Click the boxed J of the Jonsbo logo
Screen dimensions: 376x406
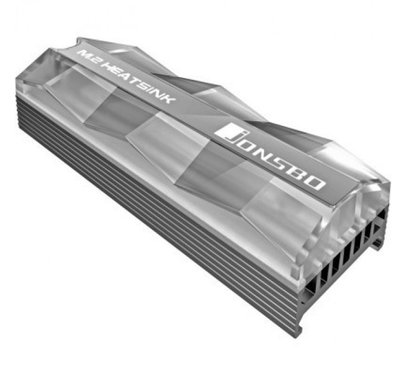(229, 132)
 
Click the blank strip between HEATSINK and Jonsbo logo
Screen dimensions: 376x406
(197, 116)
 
